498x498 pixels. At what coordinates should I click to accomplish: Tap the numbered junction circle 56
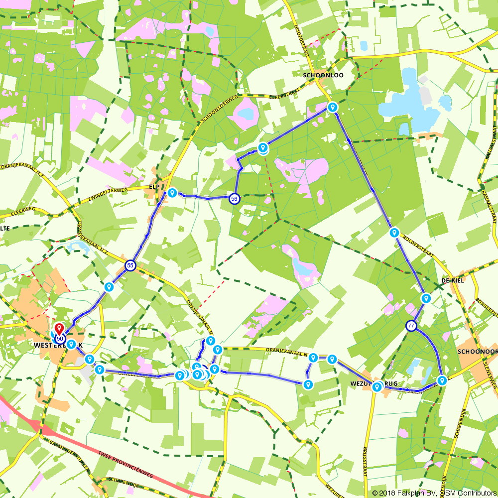pos(234,199)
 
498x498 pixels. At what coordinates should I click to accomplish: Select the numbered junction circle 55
pos(130,265)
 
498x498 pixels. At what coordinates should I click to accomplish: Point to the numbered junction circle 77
pos(411,326)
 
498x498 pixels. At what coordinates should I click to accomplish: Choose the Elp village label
pos(153,187)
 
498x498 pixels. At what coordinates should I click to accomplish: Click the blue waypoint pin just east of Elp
pos(172,192)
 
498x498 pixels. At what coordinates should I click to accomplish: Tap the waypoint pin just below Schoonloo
pos(333,107)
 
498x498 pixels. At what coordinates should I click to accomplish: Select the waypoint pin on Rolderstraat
pos(394,232)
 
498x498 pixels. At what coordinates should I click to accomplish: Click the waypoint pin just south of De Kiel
pos(426,298)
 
